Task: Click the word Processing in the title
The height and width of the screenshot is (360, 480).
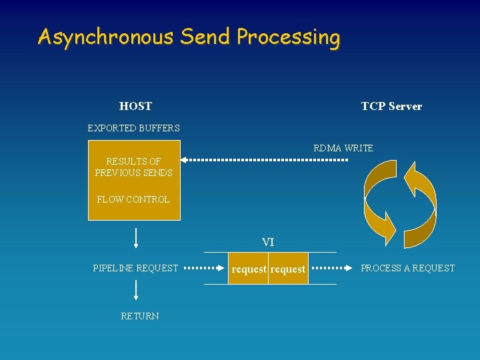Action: pos(288,37)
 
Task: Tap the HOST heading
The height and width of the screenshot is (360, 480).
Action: pos(135,106)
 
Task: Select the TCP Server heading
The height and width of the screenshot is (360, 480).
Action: pos(391,106)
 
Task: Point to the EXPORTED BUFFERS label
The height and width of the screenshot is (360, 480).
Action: pos(134,128)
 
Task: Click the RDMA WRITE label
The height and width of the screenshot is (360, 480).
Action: pos(343,148)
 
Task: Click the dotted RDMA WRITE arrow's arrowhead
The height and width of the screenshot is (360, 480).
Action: pos(185,160)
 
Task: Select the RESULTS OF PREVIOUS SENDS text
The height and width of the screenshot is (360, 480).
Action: pos(133,167)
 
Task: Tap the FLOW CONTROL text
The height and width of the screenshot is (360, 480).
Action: pos(133,199)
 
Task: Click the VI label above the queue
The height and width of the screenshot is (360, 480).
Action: pos(268,242)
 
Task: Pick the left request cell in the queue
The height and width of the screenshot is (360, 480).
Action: pos(249,269)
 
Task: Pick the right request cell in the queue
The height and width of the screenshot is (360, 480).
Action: pos(288,269)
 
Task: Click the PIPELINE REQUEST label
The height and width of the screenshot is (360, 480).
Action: pos(135,268)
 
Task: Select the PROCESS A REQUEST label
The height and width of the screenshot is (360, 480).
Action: pos(407,268)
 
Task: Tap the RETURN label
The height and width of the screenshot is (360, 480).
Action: pos(140,316)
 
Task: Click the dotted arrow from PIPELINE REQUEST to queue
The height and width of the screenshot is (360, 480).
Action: pos(204,268)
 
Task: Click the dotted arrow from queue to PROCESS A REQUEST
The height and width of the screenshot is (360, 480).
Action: pos(333,268)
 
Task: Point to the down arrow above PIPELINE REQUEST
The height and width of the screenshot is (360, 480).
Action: pos(136,239)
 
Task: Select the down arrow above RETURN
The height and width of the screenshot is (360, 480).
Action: pos(136,290)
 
